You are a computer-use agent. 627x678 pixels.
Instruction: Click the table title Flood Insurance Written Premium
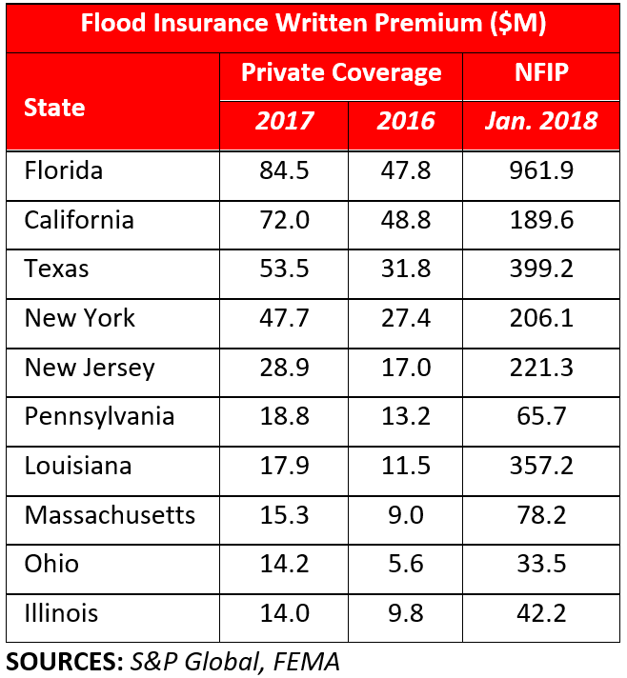[x=313, y=26]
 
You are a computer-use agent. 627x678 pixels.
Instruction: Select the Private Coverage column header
[x=340, y=73]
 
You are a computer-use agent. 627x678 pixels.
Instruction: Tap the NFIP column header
[x=540, y=73]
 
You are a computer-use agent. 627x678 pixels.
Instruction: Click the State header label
[x=54, y=107]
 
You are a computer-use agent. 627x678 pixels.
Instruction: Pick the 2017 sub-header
[x=283, y=121]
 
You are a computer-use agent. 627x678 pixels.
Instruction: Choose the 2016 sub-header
[x=405, y=121]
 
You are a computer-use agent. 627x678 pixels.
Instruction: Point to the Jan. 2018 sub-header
[x=540, y=121]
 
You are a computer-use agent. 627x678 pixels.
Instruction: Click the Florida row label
[x=63, y=171]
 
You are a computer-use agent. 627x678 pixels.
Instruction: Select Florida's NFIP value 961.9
[x=540, y=171]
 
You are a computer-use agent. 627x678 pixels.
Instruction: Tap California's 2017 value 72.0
[x=283, y=221]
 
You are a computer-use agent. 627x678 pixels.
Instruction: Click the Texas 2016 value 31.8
[x=405, y=269]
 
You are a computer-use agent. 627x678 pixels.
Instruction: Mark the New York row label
[x=80, y=318]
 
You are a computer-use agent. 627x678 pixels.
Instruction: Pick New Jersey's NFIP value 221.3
[x=540, y=368]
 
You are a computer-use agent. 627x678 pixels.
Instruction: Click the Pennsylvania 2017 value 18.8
[x=283, y=416]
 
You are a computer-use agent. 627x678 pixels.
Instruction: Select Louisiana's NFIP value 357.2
[x=540, y=466]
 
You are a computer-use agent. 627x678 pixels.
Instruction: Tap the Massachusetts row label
[x=110, y=515]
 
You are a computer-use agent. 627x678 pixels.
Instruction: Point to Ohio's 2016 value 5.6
[x=405, y=564]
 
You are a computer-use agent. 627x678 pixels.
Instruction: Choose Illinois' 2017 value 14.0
[x=283, y=613]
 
